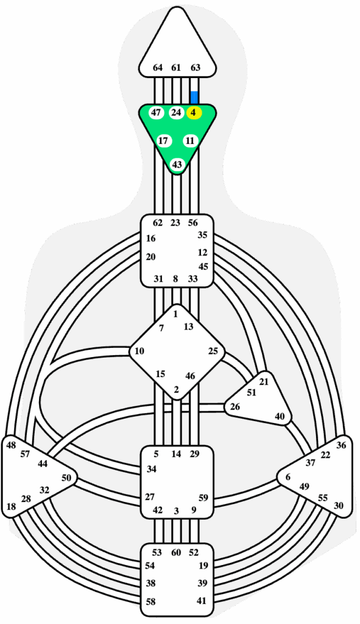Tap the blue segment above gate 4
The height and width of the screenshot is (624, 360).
(x=194, y=97)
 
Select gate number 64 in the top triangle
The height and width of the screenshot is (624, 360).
(x=158, y=68)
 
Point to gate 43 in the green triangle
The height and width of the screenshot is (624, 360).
(x=177, y=165)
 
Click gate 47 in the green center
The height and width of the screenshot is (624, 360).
(x=157, y=113)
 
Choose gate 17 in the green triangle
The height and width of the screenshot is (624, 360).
(x=163, y=141)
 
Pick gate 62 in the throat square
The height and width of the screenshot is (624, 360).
(x=158, y=223)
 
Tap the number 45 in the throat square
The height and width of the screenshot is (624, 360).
(x=203, y=267)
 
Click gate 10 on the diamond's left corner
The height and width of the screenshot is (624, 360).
(x=139, y=351)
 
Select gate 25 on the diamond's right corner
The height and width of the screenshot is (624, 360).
(x=213, y=351)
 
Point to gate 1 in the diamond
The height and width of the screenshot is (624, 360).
(x=175, y=314)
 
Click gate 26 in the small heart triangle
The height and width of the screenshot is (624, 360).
(x=235, y=406)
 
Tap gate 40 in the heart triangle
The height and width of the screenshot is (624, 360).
(x=280, y=416)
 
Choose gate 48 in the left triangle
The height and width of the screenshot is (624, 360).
(x=11, y=445)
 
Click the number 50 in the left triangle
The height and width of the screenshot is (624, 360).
(x=66, y=478)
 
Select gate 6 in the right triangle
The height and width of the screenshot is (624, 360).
(x=288, y=478)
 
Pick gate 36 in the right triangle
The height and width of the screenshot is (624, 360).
(x=341, y=445)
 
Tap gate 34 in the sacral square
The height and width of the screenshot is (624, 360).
(x=152, y=469)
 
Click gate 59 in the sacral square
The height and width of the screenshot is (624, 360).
(x=203, y=498)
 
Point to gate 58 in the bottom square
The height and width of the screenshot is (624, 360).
(x=150, y=601)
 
